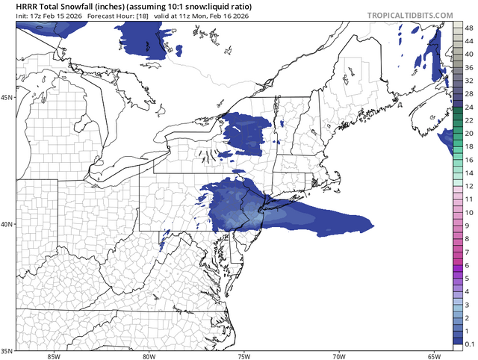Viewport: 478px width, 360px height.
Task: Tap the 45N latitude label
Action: click(7, 98)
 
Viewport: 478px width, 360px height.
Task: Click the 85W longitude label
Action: click(53, 356)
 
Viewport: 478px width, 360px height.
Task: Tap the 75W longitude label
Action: click(243, 356)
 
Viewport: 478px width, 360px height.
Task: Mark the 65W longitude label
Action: click(434, 356)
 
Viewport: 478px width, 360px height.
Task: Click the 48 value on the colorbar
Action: click(468, 28)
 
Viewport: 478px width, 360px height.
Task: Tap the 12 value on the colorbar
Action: click(468, 185)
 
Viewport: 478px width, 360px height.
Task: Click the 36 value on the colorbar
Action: click(468, 67)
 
